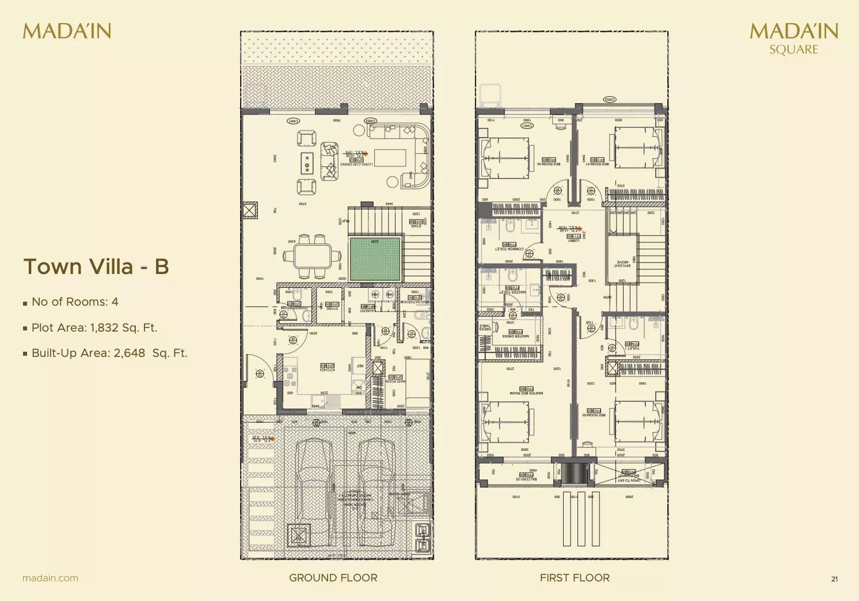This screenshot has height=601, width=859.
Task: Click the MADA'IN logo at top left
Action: point(67,31)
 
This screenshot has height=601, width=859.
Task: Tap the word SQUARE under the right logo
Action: point(793,50)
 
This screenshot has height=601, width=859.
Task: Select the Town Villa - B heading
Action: point(96,267)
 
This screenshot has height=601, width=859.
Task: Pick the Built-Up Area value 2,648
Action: point(129,353)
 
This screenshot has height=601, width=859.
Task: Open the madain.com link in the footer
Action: point(50,578)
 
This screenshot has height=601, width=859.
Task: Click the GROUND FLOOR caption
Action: point(333,577)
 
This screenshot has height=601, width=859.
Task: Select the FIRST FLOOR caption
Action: point(574,577)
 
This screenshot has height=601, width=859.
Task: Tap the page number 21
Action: point(834,579)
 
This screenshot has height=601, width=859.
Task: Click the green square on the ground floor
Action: point(375,259)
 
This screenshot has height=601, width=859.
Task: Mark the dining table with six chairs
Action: point(313,257)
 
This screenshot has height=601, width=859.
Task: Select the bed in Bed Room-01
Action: point(636,147)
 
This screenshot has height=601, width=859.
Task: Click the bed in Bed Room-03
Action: point(636,421)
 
